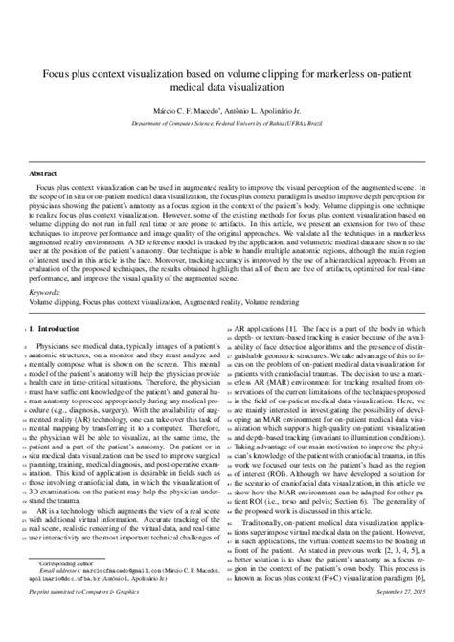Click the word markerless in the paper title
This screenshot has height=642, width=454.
(x=347, y=71)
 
